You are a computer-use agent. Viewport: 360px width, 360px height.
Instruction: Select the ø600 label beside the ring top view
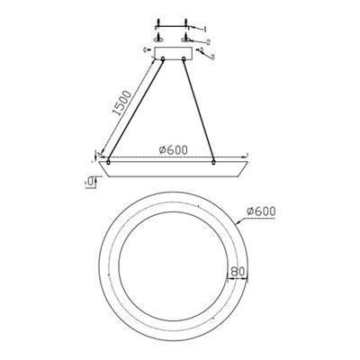(x=258, y=211)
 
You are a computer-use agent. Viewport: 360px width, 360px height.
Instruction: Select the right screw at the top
(x=186, y=20)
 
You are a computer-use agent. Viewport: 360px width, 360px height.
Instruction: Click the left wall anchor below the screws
(x=158, y=39)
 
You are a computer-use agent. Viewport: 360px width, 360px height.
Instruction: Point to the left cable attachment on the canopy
(x=163, y=62)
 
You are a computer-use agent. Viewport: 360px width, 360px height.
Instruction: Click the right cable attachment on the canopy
(x=183, y=62)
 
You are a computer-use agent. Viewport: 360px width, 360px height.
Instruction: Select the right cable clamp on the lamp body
(x=212, y=161)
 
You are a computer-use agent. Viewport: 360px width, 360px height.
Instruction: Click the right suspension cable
(x=199, y=112)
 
